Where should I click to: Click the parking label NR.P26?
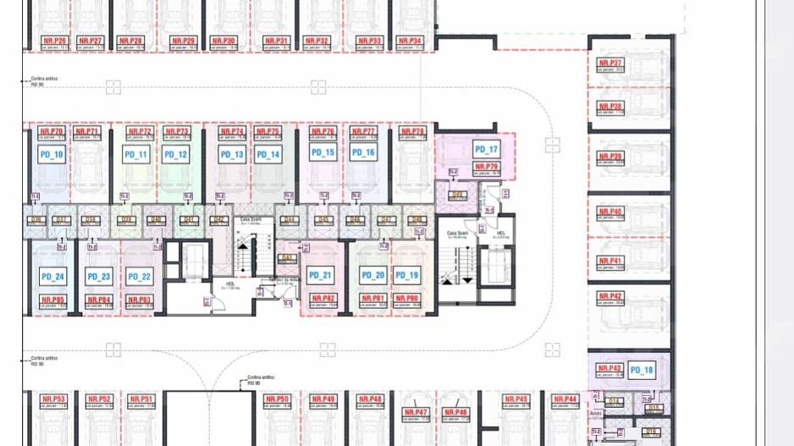point(54,41)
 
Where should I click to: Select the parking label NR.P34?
point(410,41)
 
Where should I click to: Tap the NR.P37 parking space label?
point(609,63)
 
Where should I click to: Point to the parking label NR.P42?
point(609,296)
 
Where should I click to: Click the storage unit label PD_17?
point(487,150)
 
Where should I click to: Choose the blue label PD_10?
point(52,155)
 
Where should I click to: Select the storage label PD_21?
point(321,275)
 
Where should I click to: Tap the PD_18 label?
point(642,370)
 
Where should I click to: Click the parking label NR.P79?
point(487,167)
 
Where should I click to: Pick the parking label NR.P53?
point(54,399)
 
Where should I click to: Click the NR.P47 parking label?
point(416,412)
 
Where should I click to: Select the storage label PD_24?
point(52,277)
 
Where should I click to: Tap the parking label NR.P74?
point(231,132)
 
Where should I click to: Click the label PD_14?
point(268,155)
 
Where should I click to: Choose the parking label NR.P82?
point(323,299)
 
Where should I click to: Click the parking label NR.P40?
point(609,211)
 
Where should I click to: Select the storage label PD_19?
point(407,275)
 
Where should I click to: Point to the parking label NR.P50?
point(277,399)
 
